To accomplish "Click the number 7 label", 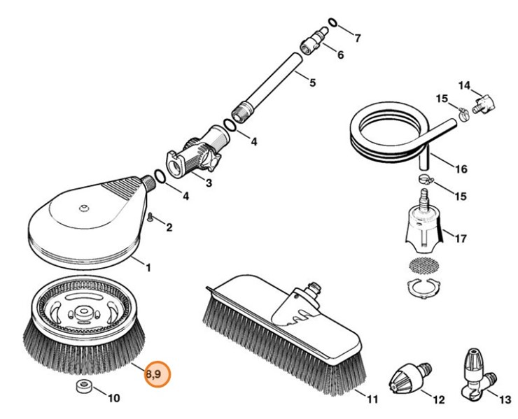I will (x=357, y=38).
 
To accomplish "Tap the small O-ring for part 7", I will (x=333, y=23).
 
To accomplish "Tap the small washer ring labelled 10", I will (x=81, y=388).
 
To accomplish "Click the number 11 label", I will (x=372, y=399).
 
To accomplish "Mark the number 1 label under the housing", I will (x=148, y=267).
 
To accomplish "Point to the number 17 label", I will (x=460, y=239).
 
